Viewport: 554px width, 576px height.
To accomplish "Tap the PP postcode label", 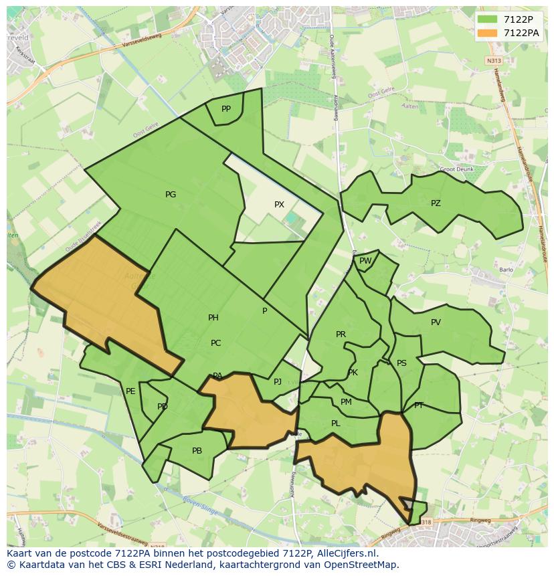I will point(226,109).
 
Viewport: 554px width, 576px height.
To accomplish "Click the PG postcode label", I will point(171,195).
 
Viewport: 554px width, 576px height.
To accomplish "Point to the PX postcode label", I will point(279,205).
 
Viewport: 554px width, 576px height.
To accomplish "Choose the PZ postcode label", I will point(436,203).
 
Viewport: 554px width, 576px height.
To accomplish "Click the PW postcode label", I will point(365,261).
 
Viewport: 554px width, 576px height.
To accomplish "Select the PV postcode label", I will point(436,322).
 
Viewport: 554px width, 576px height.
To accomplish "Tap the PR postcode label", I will point(341,334).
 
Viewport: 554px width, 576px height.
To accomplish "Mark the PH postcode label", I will point(213,318).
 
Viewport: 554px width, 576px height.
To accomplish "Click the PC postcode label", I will point(215,343).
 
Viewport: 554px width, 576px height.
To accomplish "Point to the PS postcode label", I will point(401,363).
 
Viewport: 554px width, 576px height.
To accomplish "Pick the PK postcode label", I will point(353,373).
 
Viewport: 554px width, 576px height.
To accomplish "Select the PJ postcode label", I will point(278,382).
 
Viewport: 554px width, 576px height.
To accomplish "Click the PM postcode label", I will point(346,402).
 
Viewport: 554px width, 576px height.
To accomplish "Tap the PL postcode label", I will point(336,423).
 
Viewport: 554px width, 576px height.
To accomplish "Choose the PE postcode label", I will point(130,391).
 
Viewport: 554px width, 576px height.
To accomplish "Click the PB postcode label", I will point(197,451).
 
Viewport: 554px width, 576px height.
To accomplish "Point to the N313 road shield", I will point(494,60).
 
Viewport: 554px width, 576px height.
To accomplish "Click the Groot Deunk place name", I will point(457,169).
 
